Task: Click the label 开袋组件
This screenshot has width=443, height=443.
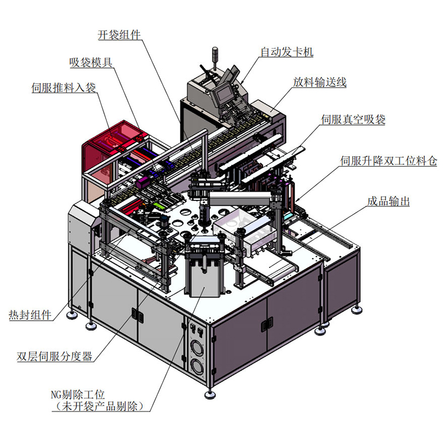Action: pyautogui.click(x=119, y=35)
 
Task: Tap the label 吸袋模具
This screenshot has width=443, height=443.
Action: pyautogui.click(x=91, y=63)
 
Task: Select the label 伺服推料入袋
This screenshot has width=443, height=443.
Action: pyautogui.click(x=64, y=87)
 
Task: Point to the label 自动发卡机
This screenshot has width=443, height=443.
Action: pyautogui.click(x=287, y=52)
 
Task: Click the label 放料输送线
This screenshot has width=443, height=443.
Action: pyautogui.click(x=320, y=82)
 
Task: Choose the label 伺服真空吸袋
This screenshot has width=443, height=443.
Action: pyautogui.click(x=353, y=120)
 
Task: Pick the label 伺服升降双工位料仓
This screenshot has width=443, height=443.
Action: pyautogui.click(x=389, y=161)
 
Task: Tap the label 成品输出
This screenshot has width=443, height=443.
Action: pyautogui.click(x=389, y=202)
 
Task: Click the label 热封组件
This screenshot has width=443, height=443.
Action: pyautogui.click(x=30, y=315)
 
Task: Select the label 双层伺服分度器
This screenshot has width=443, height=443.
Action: pyautogui.click(x=54, y=356)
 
